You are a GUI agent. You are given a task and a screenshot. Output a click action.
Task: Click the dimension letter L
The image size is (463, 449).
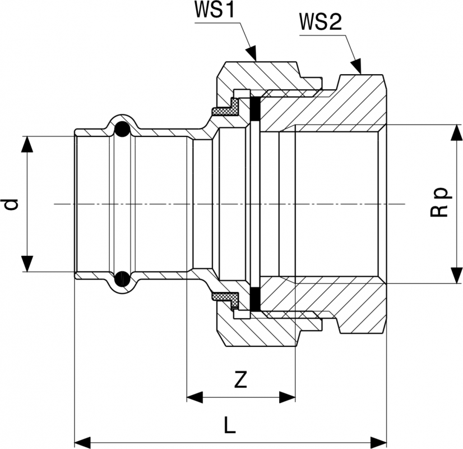click(x=229, y=425)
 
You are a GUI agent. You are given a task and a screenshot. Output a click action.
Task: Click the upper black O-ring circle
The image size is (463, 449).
click(x=122, y=130)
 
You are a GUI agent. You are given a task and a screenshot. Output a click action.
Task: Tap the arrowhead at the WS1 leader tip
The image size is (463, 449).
click(x=252, y=54)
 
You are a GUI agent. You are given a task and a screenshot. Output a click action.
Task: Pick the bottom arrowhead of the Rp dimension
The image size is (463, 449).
click(x=453, y=275)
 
